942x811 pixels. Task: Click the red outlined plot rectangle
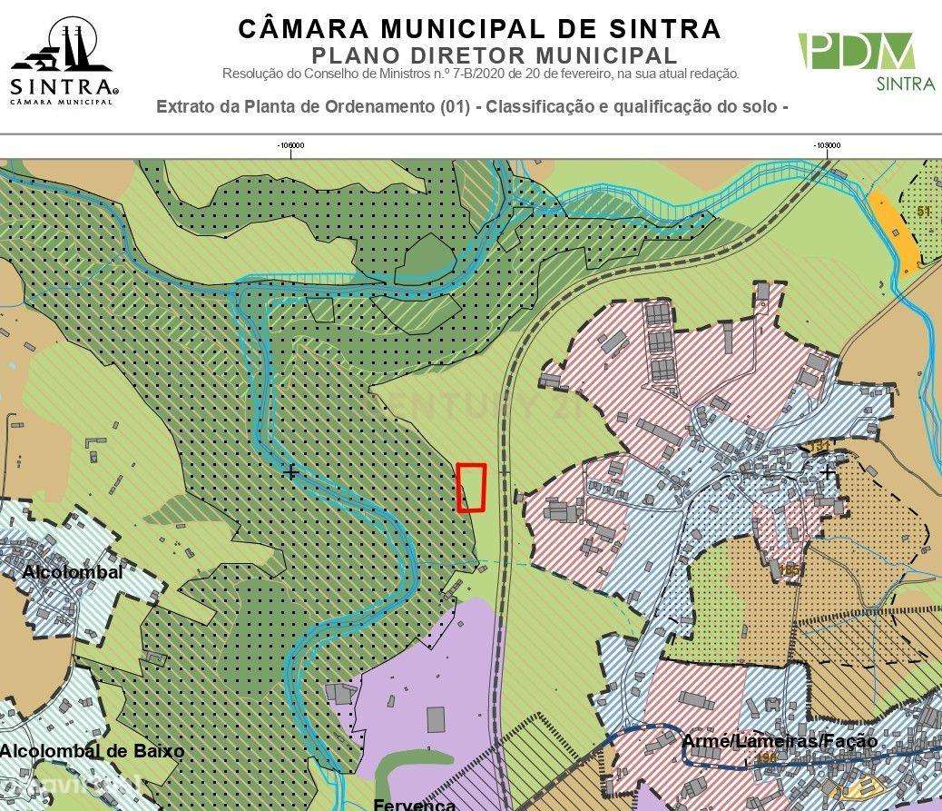(x=470, y=488)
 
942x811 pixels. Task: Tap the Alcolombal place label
(x=73, y=573)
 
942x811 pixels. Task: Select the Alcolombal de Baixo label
(x=92, y=751)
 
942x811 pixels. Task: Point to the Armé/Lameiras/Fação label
(x=779, y=741)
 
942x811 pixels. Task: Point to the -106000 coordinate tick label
(x=290, y=144)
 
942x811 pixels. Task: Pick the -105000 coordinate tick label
(x=827, y=144)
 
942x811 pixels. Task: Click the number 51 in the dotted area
(x=924, y=212)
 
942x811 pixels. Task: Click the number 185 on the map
(x=790, y=569)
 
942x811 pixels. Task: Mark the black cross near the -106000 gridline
(x=290, y=472)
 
